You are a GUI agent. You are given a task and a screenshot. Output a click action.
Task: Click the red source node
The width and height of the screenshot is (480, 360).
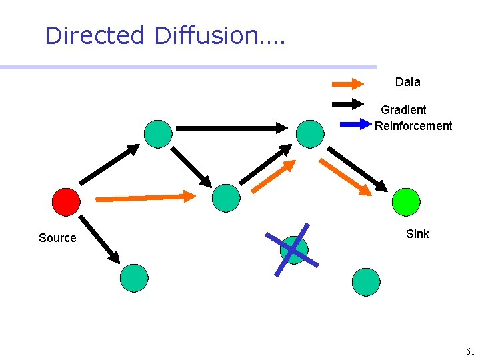pos(66,201)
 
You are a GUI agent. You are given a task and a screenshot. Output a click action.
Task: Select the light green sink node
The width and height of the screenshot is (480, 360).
pos(406,201)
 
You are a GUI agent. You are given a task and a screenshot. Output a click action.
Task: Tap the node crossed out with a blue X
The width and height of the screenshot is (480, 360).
pos(294,250)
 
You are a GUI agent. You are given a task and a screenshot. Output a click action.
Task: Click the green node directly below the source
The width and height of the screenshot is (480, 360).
pos(134,278)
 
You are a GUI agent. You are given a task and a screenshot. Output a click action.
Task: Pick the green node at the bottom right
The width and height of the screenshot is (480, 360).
pos(365,281)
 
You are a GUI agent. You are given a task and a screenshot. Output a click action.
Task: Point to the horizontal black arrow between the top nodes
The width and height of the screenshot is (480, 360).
pos(231,127)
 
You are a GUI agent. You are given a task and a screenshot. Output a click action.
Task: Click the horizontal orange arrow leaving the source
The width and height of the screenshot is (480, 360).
pos(146,197)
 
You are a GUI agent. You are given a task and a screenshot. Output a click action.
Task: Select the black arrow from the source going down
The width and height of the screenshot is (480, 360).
pos(99,239)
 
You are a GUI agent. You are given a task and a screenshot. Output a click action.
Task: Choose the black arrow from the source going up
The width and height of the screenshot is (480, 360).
pos(109,164)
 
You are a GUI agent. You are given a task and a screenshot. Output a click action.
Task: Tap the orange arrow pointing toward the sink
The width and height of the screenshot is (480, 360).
pos(345,177)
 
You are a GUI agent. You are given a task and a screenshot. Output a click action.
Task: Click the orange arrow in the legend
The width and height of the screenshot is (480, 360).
pos(348,84)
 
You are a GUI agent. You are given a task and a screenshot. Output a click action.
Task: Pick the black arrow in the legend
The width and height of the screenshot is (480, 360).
pos(348,104)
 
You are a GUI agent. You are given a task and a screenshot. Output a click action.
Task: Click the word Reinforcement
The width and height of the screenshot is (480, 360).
pos(413,126)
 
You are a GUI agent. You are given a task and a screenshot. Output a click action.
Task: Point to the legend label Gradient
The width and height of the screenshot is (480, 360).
pos(403,110)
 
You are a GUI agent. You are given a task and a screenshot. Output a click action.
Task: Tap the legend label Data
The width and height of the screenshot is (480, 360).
pos(407,82)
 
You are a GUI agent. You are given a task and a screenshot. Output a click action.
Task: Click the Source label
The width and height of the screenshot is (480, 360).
pos(57,238)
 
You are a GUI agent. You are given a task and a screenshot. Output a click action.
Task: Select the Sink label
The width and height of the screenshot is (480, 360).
pos(417,234)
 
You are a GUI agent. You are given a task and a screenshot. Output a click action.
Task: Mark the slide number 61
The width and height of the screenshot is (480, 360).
pos(470,351)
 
